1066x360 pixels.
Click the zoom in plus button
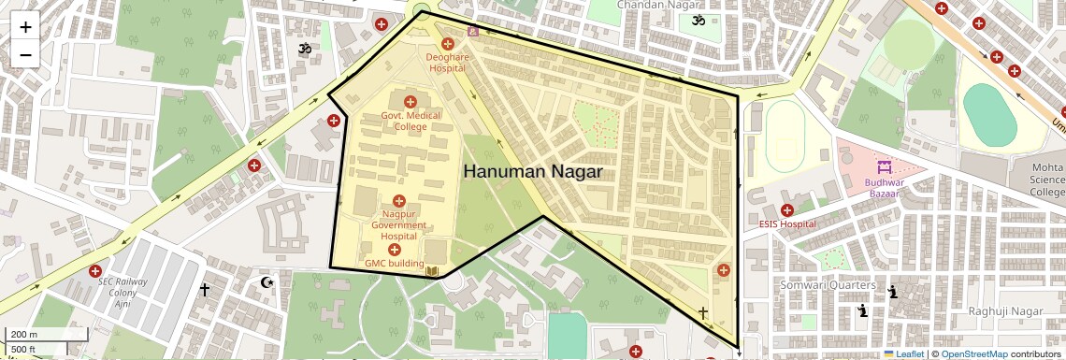[x=25, y=27]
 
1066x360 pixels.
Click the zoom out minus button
[x=25, y=55]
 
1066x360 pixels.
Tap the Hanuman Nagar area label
[x=533, y=172]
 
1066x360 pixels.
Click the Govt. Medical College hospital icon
[x=410, y=101]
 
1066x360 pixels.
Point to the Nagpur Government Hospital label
[x=398, y=225]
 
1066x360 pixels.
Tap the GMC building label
[x=394, y=264]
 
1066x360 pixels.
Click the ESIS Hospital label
[x=785, y=224]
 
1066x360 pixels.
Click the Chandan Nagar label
[x=652, y=6]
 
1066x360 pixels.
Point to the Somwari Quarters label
[x=828, y=285]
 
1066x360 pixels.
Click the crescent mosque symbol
[x=267, y=282]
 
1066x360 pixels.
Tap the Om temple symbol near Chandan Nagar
[x=696, y=21]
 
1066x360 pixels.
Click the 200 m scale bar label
[x=23, y=335]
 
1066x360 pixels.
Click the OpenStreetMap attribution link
[x=973, y=354]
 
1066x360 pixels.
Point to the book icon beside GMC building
[x=432, y=272]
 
